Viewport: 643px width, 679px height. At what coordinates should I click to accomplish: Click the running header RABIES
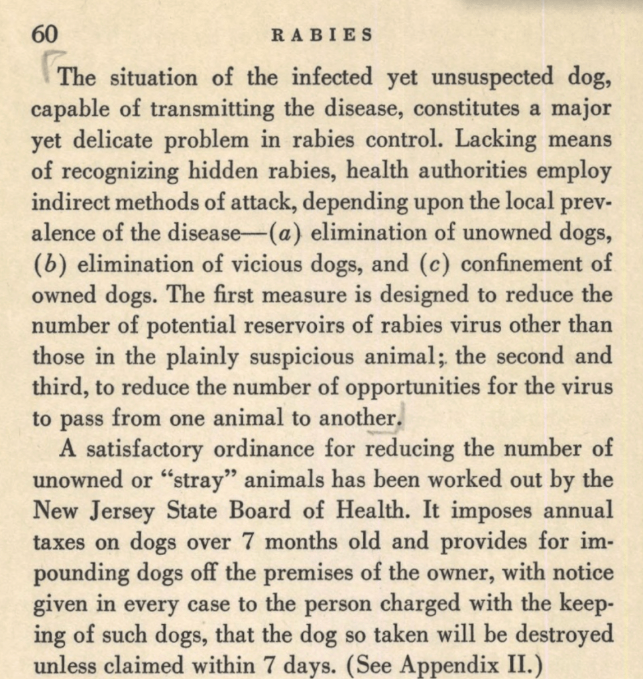[x=322, y=34]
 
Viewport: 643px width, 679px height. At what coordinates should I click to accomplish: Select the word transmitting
[x=206, y=109]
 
